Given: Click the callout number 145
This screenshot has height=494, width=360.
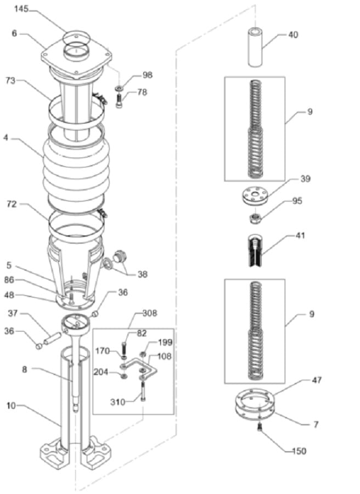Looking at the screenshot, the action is tap(21, 9).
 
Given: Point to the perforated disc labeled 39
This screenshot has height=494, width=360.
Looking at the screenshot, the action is tap(255, 197).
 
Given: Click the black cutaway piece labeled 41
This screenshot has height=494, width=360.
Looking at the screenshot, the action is tap(255, 250).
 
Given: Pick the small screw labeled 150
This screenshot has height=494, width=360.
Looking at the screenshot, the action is tap(260, 427).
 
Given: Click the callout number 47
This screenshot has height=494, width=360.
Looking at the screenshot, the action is tap(316, 380).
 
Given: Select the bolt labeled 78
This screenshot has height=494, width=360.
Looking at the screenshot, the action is tap(119, 102).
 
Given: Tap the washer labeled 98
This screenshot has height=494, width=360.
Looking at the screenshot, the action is tap(119, 87).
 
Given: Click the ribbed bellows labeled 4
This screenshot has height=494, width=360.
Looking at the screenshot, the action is tap(76, 167).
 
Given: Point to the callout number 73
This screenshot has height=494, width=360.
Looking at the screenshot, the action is tap(10, 80).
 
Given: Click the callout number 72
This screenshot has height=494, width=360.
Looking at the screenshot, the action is tap(12, 204).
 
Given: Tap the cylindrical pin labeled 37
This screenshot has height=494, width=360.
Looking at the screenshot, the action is tap(52, 339).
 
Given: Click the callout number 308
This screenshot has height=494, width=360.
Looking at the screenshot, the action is tap(150, 313).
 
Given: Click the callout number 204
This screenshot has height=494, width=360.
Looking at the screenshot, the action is tap(101, 372).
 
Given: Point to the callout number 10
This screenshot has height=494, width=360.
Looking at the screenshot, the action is tap(11, 405).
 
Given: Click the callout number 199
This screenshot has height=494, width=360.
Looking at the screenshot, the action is tap(165, 342).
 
